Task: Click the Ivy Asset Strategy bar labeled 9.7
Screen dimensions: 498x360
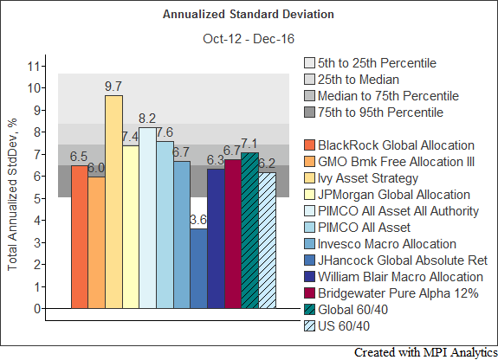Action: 114,202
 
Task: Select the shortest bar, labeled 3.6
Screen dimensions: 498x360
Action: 199,268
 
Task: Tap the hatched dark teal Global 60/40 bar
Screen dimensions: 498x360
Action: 250,230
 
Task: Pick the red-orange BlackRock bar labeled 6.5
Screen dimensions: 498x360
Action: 80,237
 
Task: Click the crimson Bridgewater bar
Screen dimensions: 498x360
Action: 233,234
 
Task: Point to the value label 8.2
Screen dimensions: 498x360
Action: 147,119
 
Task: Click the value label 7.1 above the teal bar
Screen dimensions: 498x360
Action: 249,144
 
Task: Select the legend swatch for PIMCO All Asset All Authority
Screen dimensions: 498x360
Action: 309,211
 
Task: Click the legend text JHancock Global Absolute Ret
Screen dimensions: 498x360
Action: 403,260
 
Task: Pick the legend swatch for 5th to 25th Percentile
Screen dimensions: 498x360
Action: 309,63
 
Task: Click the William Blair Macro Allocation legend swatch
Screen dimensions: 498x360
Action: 309,277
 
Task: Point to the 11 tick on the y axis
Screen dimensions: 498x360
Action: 35,67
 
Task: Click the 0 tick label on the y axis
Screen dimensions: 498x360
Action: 37,309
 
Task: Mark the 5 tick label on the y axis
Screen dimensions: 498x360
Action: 37,199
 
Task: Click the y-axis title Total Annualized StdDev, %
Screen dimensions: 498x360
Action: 12,195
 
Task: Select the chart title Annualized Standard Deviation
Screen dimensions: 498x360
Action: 249,15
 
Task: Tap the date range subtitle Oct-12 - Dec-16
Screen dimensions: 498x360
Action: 249,39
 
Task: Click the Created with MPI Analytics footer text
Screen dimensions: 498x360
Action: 425,353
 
